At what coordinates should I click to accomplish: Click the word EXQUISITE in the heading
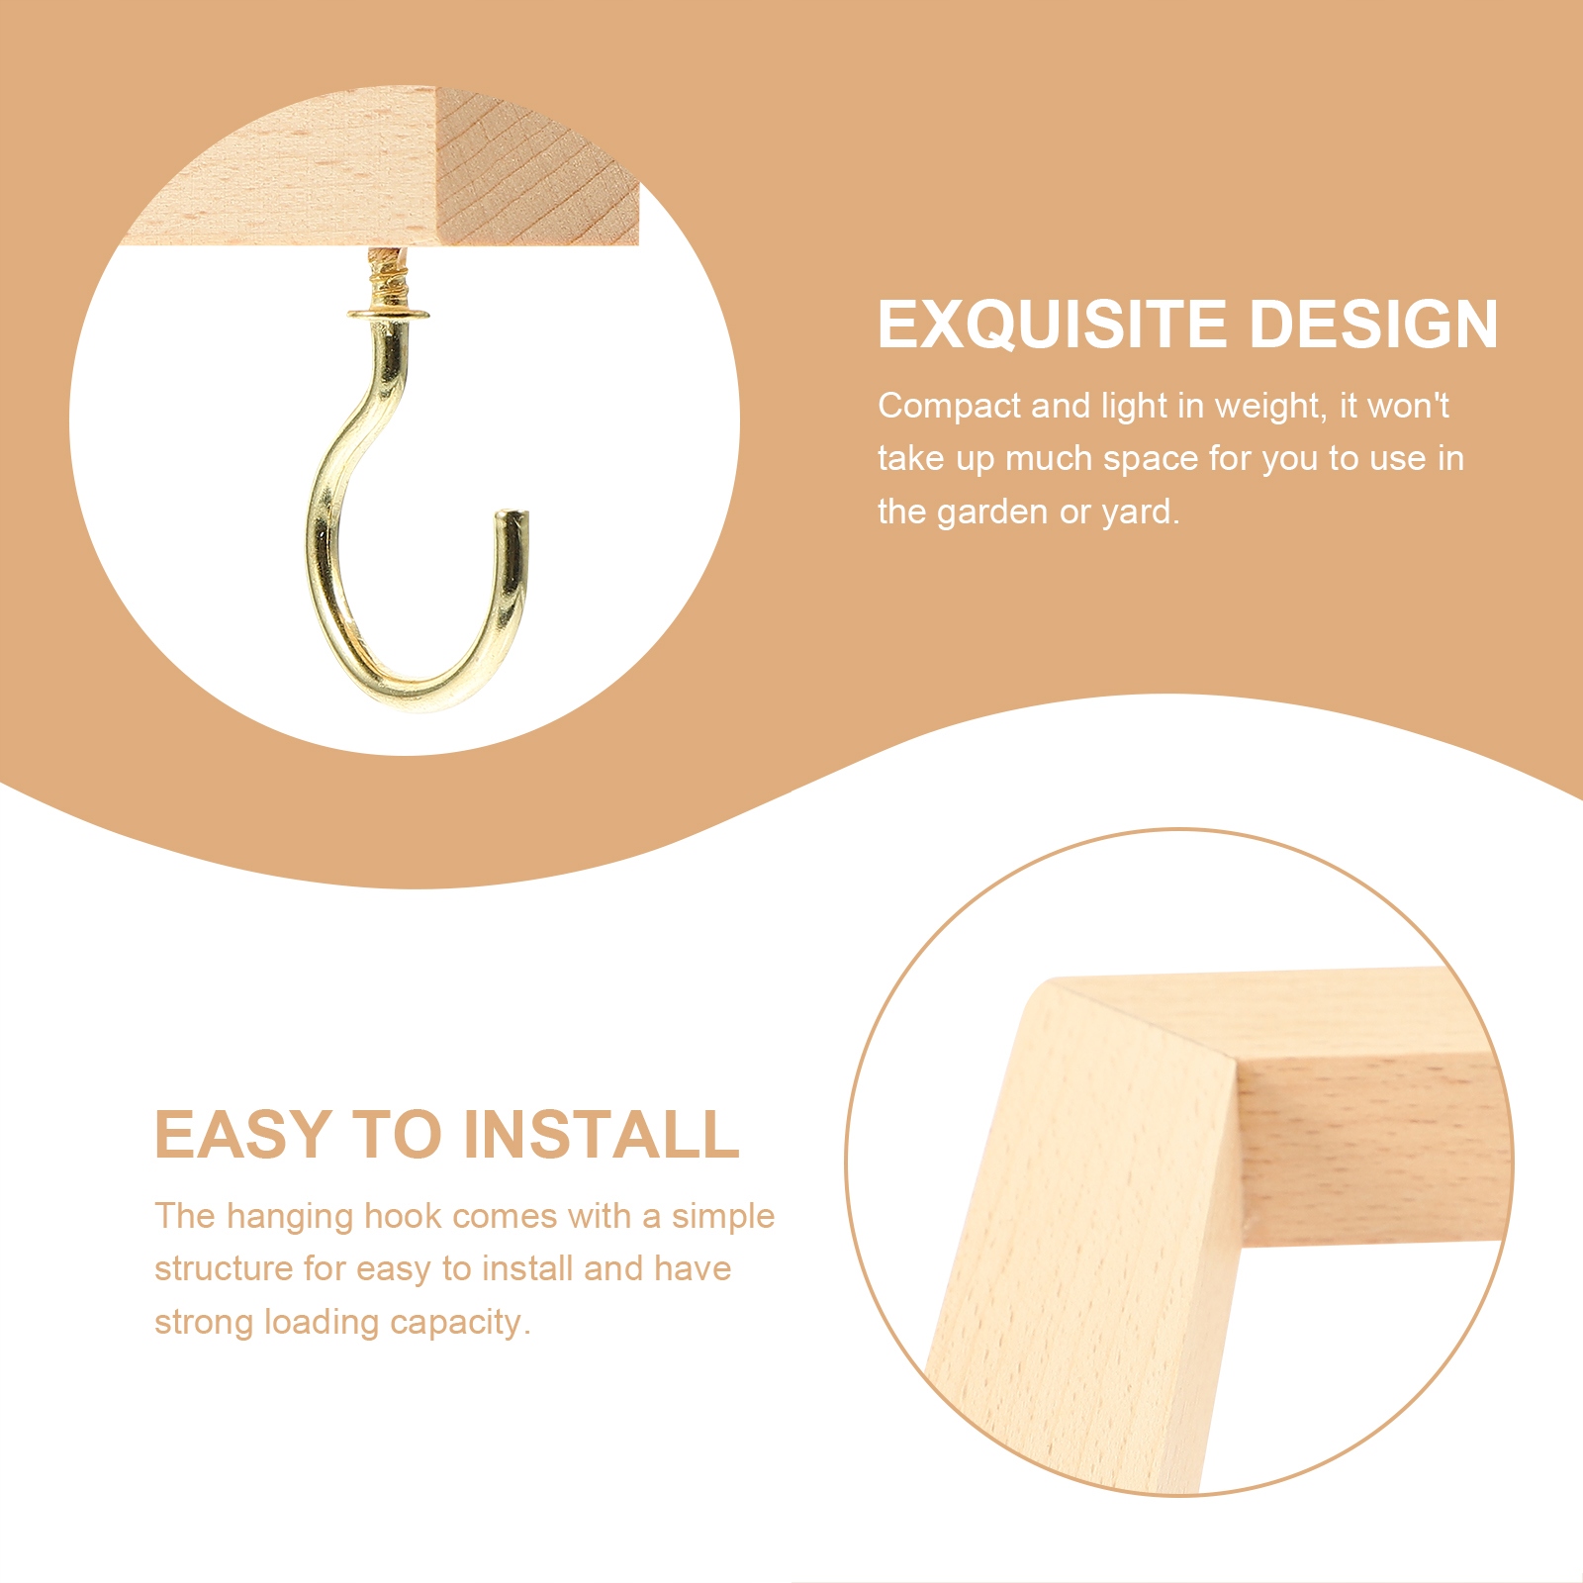coord(1053,326)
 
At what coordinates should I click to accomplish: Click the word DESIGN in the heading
coord(1374,325)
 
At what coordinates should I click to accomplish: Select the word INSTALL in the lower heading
coord(602,1134)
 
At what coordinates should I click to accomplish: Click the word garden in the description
coord(992,512)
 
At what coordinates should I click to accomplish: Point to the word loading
coord(322,1323)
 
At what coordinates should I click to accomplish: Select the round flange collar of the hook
coord(389,315)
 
